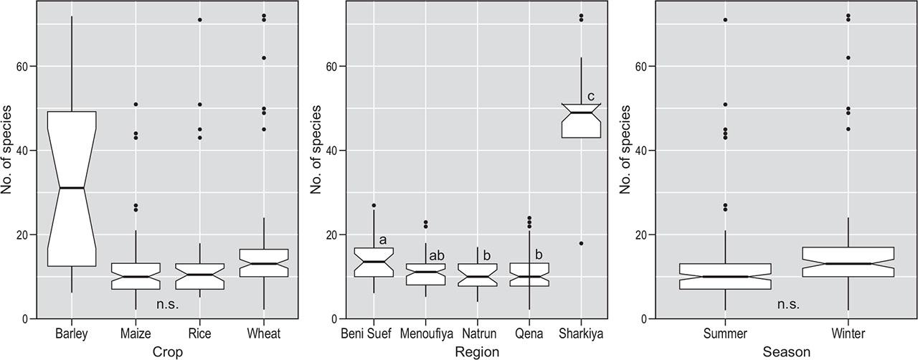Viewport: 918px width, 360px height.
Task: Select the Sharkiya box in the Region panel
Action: click(x=581, y=120)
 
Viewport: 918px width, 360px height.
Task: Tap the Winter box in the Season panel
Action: click(x=848, y=262)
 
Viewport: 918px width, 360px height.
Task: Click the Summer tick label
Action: click(x=725, y=333)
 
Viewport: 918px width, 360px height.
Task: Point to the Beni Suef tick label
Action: click(x=374, y=333)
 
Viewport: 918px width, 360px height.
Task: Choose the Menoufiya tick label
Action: click(x=425, y=333)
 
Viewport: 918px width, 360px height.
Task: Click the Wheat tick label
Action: click(x=264, y=333)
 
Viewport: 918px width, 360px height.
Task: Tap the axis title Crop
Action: click(x=167, y=351)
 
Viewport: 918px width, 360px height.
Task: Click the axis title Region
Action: click(x=477, y=351)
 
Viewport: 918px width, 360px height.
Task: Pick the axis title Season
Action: click(x=787, y=351)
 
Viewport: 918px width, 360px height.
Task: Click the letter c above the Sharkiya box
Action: click(x=592, y=97)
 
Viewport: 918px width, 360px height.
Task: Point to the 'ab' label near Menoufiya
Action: click(x=437, y=255)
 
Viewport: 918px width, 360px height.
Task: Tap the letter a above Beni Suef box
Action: click(x=383, y=240)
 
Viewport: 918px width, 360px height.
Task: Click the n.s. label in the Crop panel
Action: click(x=167, y=304)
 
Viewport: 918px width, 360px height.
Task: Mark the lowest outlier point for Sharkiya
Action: click(x=581, y=243)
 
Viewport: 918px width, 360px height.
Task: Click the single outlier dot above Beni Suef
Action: click(x=374, y=206)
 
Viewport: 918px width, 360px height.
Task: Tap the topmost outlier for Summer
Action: click(x=725, y=19)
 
